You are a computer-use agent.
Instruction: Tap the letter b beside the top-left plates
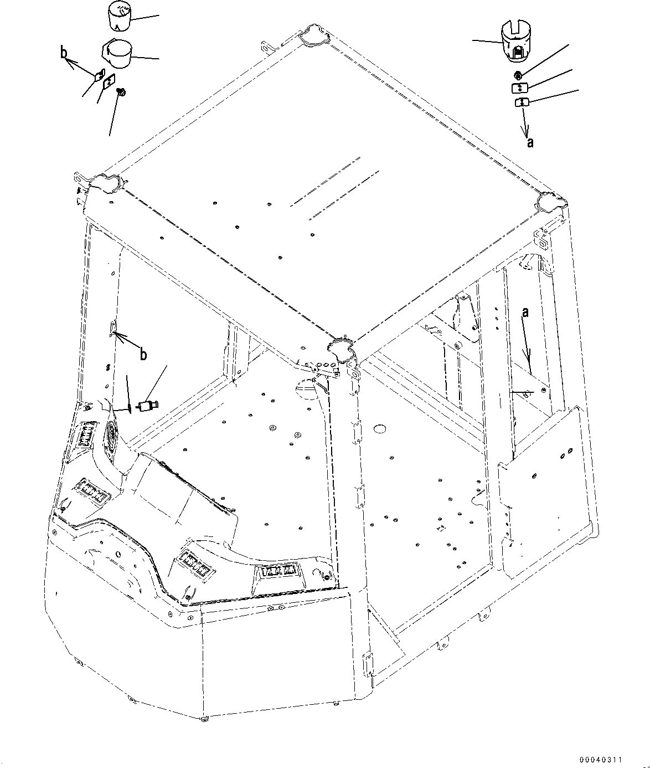click(64, 53)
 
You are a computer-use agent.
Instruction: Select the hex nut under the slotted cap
click(518, 75)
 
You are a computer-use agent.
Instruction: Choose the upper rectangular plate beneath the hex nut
click(519, 88)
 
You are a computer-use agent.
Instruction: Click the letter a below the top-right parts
click(530, 142)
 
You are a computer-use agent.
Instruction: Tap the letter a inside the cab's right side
click(525, 313)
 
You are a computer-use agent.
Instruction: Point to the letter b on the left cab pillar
click(143, 355)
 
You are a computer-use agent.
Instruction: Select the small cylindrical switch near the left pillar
click(148, 406)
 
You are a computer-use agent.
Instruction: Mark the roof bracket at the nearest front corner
click(341, 349)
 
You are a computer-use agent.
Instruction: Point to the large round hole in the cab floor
click(379, 429)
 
